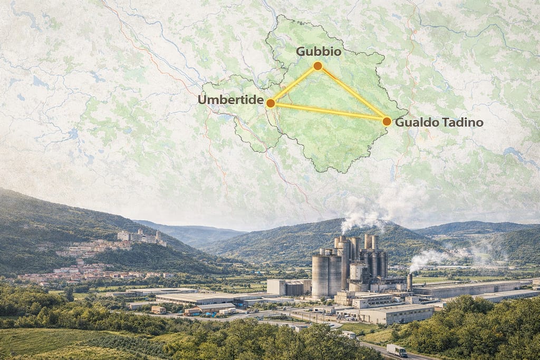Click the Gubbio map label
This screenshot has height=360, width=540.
tap(318, 52)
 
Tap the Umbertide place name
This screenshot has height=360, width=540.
tap(231, 100)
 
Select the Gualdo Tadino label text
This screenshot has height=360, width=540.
tap(439, 122)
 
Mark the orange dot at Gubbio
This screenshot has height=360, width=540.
tap(317, 66)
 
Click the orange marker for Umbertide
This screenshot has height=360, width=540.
tap(270, 103)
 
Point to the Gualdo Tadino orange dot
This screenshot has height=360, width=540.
tap(387, 121)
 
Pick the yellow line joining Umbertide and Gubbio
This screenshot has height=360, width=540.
tap(294, 84)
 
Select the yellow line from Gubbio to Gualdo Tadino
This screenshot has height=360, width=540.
tap(352, 94)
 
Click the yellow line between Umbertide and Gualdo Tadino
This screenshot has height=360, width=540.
tap(328, 112)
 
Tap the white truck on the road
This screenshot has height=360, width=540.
tap(397, 350)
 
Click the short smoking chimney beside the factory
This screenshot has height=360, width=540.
tap(409, 281)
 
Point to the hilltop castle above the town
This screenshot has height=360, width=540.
tap(140, 237)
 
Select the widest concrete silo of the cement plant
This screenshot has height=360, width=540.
tap(320, 275)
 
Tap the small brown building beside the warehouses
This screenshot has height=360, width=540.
tap(158, 309)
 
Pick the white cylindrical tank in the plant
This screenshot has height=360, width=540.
tap(358, 271)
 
